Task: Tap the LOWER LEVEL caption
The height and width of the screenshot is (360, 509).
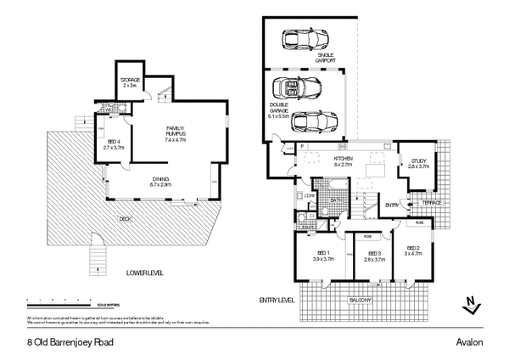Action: point(144,273)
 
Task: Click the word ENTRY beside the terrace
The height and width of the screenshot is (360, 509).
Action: point(392,205)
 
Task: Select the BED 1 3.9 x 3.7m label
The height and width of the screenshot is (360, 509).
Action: point(323,256)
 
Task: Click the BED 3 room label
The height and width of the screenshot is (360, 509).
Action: point(373,256)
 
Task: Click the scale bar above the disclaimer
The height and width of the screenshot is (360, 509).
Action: point(72,302)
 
